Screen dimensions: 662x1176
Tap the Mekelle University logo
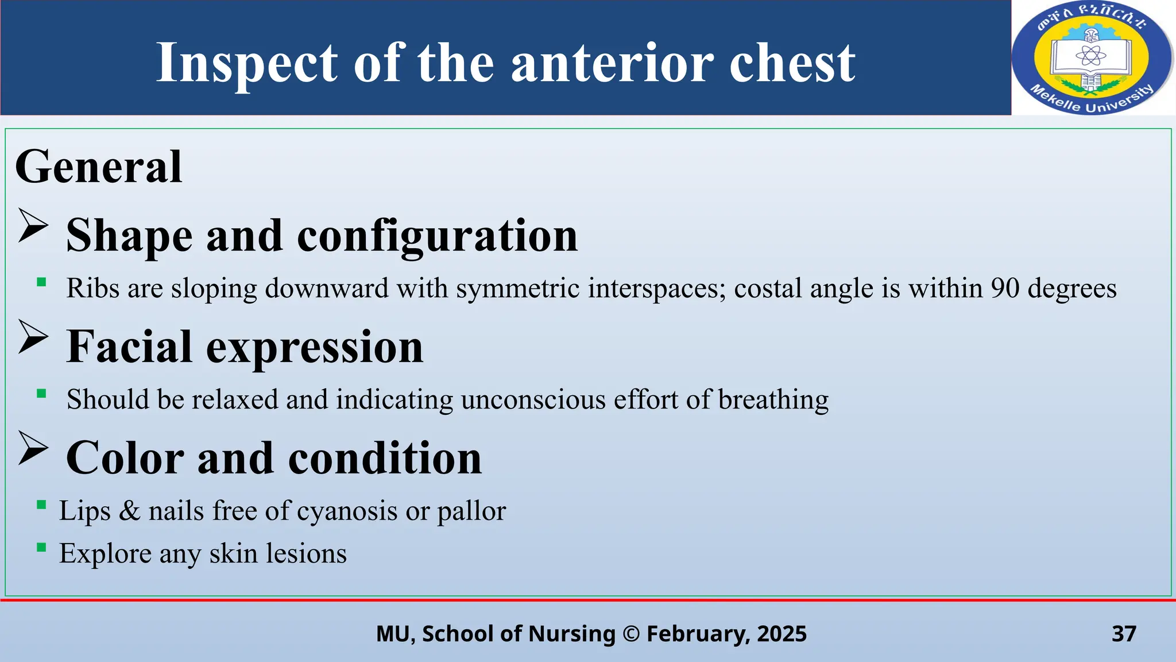pos(1092,57)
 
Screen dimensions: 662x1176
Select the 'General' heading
pos(98,167)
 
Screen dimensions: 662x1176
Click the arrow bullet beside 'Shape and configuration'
pos(33,225)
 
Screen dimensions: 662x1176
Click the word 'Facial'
pos(129,347)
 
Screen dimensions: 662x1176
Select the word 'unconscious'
pos(533,399)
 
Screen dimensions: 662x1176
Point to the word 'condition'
pos(385,458)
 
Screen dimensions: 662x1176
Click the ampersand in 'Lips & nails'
pos(129,511)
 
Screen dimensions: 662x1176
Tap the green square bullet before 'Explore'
pos(41,547)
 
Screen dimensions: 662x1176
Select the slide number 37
pos(1124,633)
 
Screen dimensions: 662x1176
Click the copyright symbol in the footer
pos(630,634)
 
